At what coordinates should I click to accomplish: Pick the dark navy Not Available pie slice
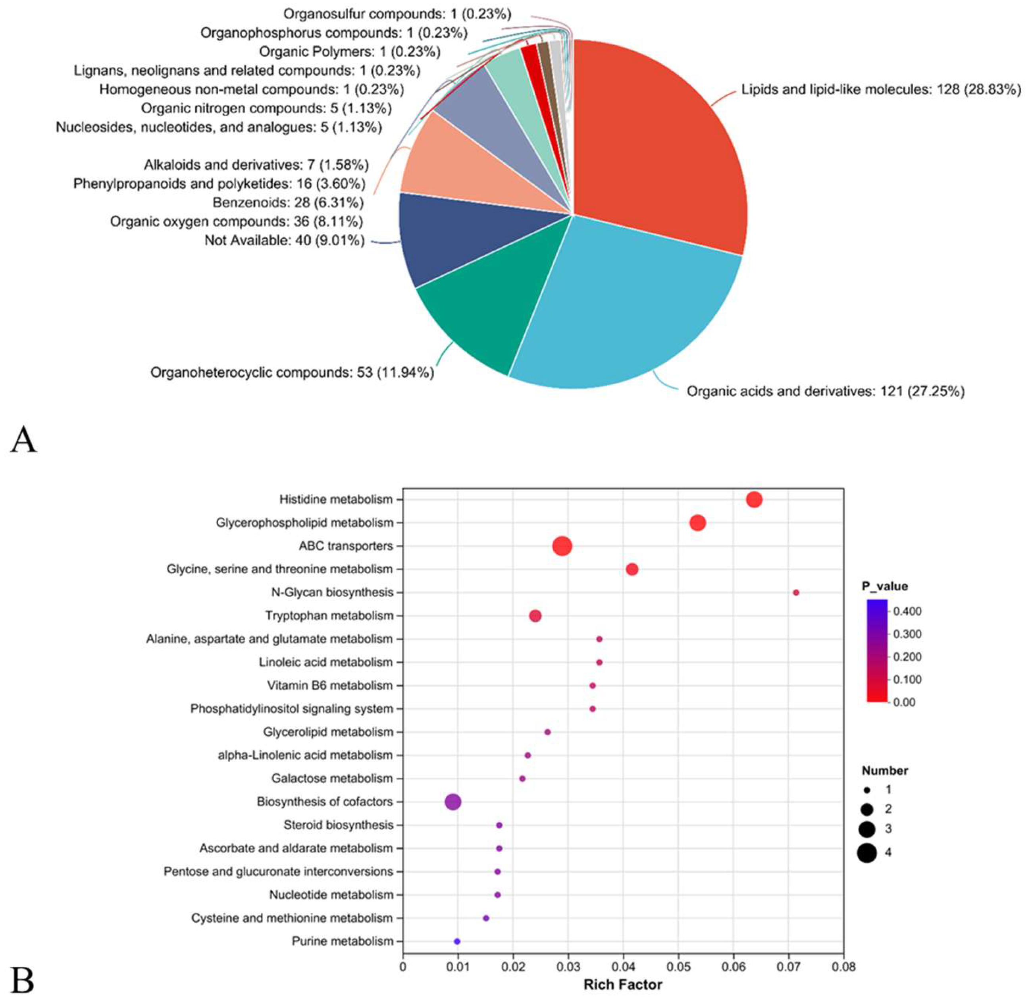point(439,238)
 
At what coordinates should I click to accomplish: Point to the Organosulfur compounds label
point(397,14)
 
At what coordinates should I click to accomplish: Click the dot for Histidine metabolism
point(754,499)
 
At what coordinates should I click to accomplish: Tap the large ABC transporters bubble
point(562,546)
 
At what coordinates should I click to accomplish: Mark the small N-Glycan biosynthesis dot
point(796,592)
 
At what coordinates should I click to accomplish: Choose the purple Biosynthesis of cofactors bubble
point(452,802)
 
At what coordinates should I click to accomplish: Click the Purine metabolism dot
point(457,941)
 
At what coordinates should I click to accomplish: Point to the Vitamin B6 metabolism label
point(330,686)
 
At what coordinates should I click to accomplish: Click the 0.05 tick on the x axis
point(678,967)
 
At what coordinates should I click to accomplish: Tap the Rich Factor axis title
point(622,985)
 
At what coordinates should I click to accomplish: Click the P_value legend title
point(884,586)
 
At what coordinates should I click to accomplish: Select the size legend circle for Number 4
point(867,853)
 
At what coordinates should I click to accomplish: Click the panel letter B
point(22,981)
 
